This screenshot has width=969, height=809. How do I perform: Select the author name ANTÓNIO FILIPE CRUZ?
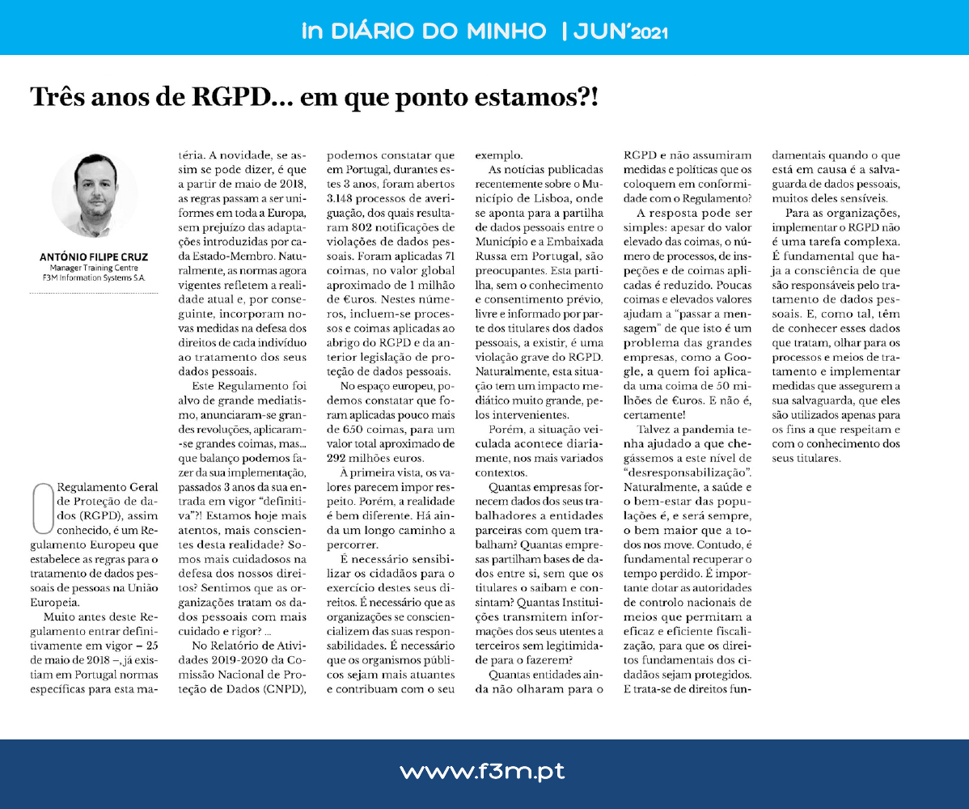pyautogui.click(x=94, y=257)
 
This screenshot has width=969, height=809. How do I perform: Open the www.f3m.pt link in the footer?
pyautogui.click(x=482, y=772)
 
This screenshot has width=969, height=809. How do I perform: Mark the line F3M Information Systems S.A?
pyautogui.click(x=95, y=278)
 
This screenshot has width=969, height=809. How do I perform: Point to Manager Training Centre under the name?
pyautogui.click(x=94, y=269)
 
